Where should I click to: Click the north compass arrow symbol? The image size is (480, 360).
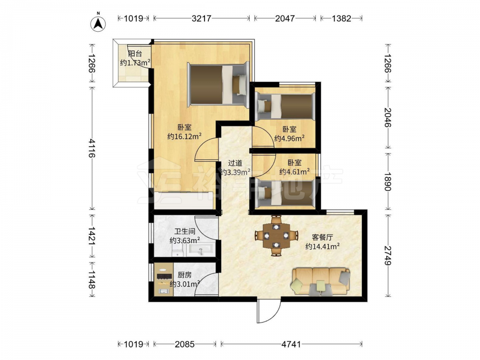[x=98, y=23]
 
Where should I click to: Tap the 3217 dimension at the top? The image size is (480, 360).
[x=202, y=18]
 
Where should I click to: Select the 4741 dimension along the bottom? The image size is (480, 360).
[x=291, y=344]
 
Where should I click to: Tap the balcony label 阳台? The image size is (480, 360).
[x=135, y=54]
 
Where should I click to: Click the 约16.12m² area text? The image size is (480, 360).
[x=184, y=136]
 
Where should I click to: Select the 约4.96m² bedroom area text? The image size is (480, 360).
[x=289, y=138]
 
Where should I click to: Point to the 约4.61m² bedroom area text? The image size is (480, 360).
[x=294, y=172]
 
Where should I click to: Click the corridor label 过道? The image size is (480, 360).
[x=235, y=163]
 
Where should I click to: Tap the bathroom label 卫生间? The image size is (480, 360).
[x=185, y=231]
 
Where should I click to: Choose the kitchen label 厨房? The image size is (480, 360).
[x=185, y=275]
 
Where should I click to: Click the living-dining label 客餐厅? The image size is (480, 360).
[x=323, y=237]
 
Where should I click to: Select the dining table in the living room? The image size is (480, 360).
[x=276, y=236]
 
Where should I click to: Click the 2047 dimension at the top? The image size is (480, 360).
[x=285, y=18]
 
